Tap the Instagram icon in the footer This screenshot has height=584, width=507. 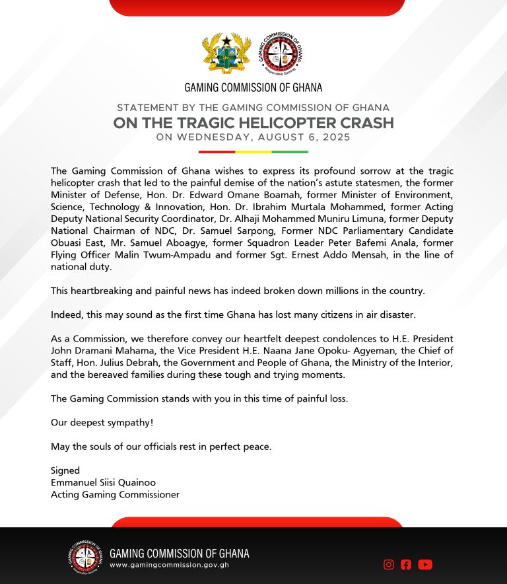pyautogui.click(x=389, y=564)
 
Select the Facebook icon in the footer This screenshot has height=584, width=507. pyautogui.click(x=406, y=564)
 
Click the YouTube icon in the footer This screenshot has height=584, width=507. pyautogui.click(x=425, y=564)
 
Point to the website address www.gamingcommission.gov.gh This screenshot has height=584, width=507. pyautogui.click(x=169, y=565)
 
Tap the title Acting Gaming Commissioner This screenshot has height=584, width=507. pyautogui.click(x=115, y=494)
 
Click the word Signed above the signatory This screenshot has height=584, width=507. pyautogui.click(x=65, y=470)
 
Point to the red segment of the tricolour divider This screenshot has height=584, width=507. pyautogui.click(x=212, y=151)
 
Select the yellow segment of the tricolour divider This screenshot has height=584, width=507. pyautogui.click(x=253, y=151)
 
